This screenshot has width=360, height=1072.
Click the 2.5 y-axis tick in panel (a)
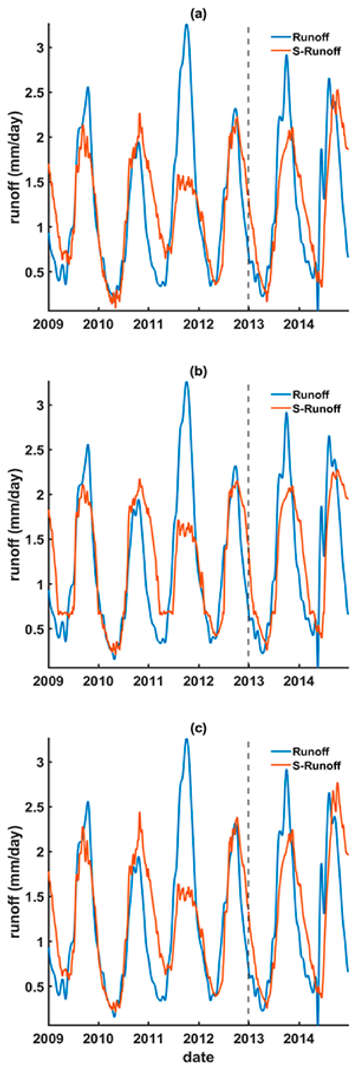(x=35, y=92)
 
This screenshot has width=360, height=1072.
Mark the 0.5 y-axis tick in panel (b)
(x=35, y=629)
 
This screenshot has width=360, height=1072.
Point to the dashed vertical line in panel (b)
(x=249, y=520)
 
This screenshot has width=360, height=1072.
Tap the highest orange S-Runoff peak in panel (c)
(x=337, y=783)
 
